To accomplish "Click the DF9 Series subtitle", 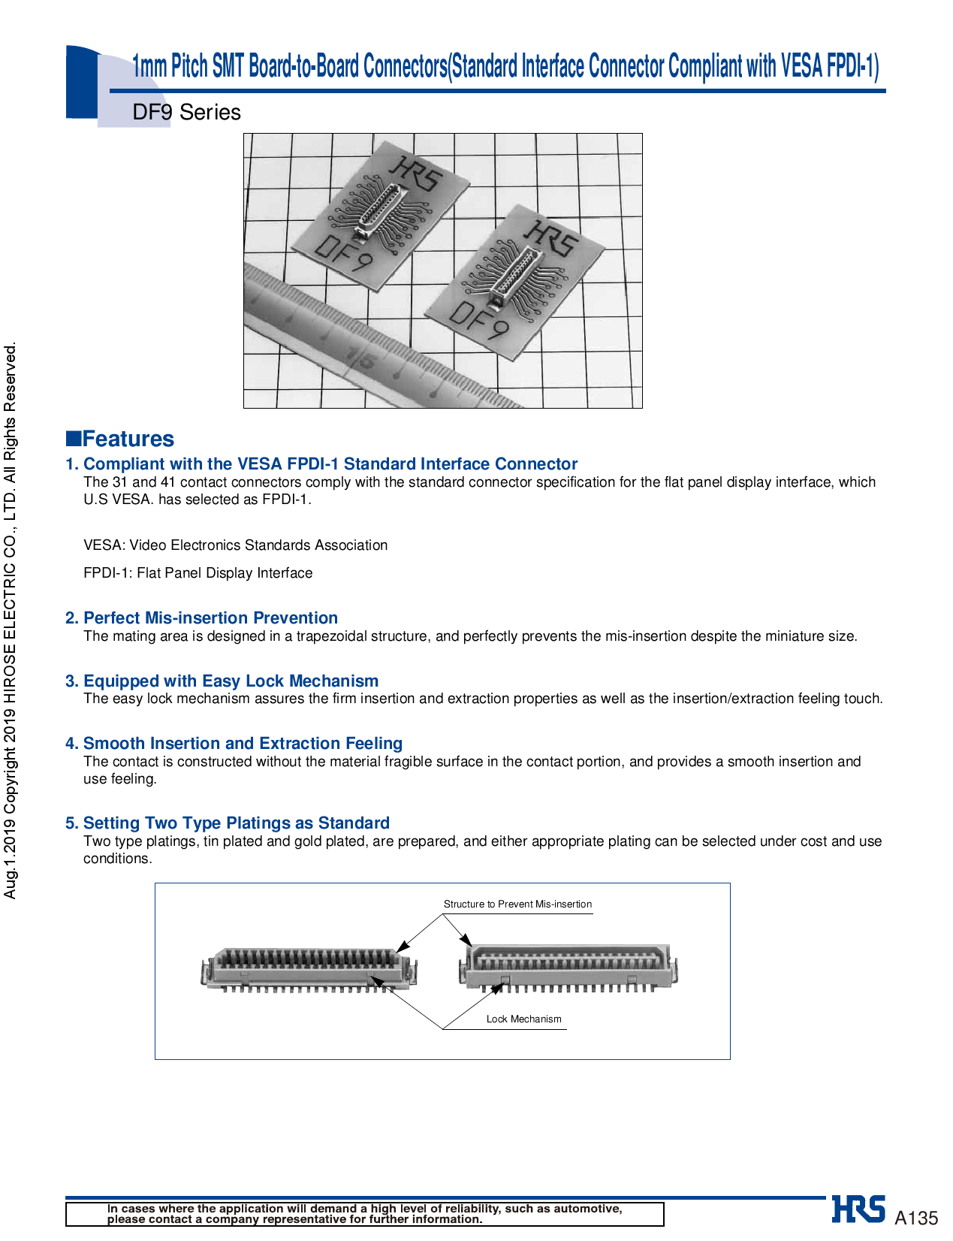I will (x=186, y=113).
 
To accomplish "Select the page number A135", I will (x=916, y=1218).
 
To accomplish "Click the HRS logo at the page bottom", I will (x=858, y=1209).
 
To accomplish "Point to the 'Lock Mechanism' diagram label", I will (x=523, y=1019).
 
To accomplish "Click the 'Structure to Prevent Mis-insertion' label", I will (x=517, y=904).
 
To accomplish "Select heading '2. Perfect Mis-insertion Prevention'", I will (x=201, y=618).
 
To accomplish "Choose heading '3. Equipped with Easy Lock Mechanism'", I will (x=222, y=681).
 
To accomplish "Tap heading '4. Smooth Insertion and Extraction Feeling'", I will (x=234, y=744).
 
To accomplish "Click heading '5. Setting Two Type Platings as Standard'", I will (x=228, y=823).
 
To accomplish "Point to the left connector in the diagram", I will (x=308, y=969).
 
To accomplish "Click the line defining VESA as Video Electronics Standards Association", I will (x=236, y=545).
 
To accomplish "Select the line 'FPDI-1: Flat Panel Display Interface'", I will (x=198, y=573).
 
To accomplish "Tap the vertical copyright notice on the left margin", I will (x=10, y=620).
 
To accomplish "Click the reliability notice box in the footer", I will (x=364, y=1214).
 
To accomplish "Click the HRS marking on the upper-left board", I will (x=418, y=173).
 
